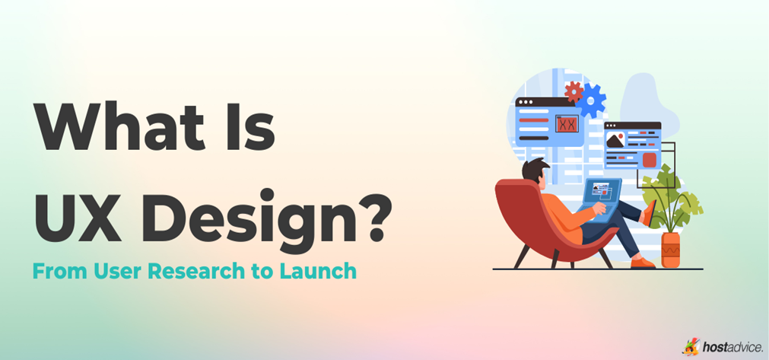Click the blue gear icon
click(x=592, y=100)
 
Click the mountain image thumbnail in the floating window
click(x=615, y=140)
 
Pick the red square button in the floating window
click(x=649, y=159)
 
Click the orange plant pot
click(x=670, y=250)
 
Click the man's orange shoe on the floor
click(x=643, y=262)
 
